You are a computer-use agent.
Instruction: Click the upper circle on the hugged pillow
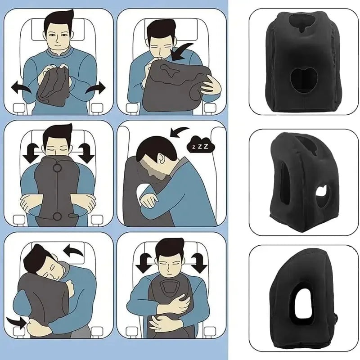coord(57,169)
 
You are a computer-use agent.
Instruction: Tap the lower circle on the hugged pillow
coord(57,217)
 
